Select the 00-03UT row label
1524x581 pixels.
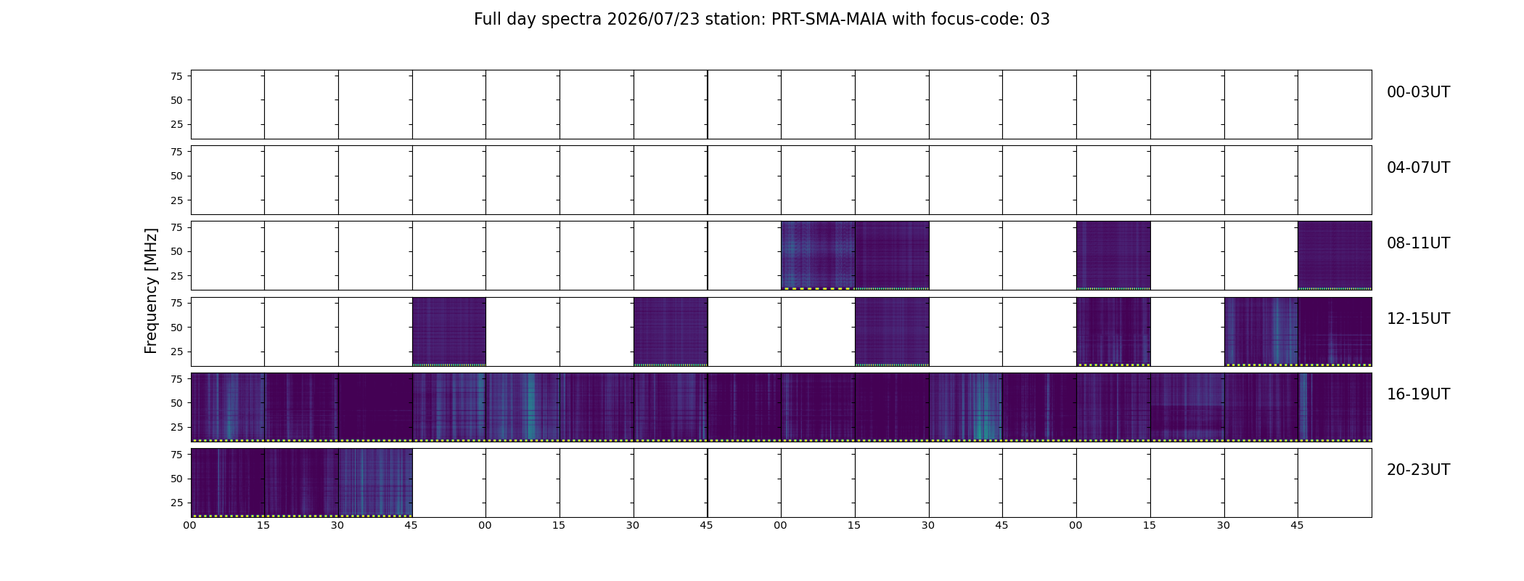[x=1418, y=92]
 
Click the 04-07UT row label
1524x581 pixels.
[x=1418, y=168]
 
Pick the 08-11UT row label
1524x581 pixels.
[x=1418, y=243]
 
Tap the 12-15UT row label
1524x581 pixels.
[x=1418, y=319]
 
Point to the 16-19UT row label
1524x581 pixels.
[x=1418, y=394]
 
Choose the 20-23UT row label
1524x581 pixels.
[x=1418, y=470]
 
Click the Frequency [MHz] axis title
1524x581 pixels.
[x=151, y=290]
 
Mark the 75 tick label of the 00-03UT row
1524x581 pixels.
[x=176, y=76]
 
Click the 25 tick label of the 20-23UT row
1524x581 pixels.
[x=176, y=503]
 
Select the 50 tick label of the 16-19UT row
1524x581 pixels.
[x=176, y=403]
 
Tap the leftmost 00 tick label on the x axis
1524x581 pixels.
[x=190, y=526]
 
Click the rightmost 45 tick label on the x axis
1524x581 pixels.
[x=1297, y=526]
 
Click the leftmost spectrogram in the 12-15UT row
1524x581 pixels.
[x=448, y=331]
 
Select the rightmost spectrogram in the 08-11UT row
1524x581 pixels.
[x=1335, y=256]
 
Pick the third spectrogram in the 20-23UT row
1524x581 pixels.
[x=375, y=483]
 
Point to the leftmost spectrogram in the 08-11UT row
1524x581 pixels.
[x=818, y=256]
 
